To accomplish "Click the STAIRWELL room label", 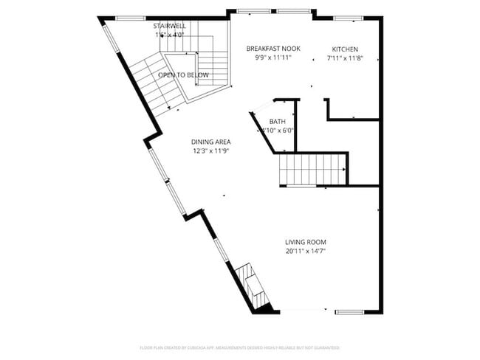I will [169, 26].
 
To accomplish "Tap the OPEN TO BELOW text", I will [183, 75].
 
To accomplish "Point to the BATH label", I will [277, 122].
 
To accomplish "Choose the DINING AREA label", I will [211, 142].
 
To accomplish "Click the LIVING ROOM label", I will [306, 242].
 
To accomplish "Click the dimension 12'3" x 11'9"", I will [211, 151].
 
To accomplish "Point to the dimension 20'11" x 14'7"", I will [306, 251].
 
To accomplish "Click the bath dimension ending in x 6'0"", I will [278, 131].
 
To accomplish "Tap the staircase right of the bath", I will [312, 169].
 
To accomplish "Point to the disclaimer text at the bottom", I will [240, 347].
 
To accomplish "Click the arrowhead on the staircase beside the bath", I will [344, 170].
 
